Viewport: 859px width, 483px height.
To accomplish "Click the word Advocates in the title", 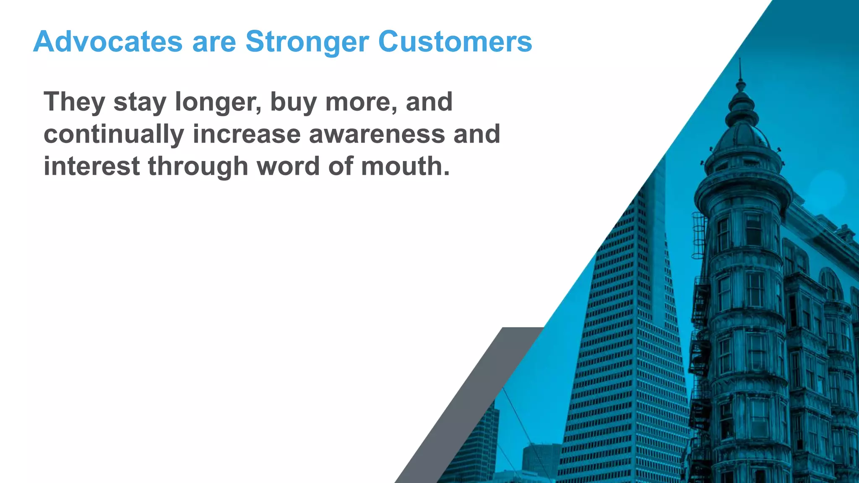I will (x=108, y=42).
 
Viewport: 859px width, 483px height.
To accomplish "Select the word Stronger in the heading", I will (x=307, y=42).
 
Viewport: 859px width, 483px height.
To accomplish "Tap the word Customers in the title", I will (x=455, y=42).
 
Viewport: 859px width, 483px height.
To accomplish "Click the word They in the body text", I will (x=74, y=102).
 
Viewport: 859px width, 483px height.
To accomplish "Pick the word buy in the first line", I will (x=293, y=103).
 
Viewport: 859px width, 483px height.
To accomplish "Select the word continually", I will (x=114, y=135).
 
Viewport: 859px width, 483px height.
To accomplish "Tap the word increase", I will (x=247, y=134).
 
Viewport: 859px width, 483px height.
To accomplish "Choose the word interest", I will (x=91, y=166).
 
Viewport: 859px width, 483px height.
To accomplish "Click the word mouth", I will (x=405, y=166).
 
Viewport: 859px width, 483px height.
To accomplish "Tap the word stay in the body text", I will (x=140, y=103).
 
